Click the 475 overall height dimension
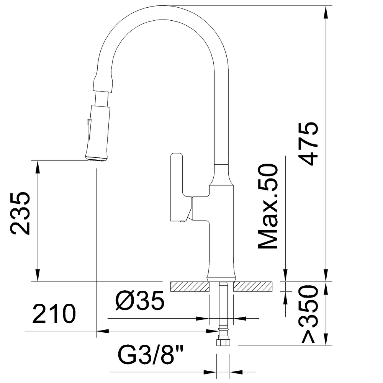point(309,143)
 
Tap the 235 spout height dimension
point(20,213)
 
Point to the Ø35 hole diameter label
point(139,301)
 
